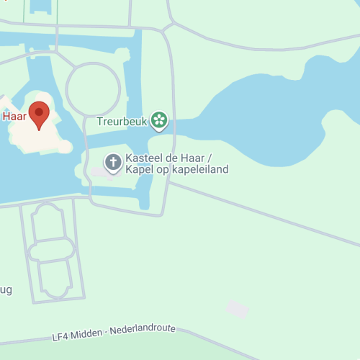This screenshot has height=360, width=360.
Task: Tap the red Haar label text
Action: click(14, 115)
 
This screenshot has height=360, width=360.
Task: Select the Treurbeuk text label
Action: click(122, 122)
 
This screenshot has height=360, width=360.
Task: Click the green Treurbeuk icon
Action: click(159, 121)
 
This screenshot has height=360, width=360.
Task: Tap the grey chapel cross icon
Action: click(113, 162)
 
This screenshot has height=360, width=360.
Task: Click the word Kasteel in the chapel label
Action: click(147, 158)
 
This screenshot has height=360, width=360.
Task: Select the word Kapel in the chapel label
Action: click(140, 170)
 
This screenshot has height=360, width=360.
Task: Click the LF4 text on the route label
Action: click(62, 336)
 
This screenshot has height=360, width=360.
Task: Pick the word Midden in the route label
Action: click(89, 333)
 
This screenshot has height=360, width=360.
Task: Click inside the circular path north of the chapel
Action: click(93, 89)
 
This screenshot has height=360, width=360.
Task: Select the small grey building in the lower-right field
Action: click(237, 310)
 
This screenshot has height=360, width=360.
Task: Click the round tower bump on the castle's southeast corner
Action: click(65, 146)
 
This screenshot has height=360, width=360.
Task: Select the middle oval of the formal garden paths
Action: click(50, 250)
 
